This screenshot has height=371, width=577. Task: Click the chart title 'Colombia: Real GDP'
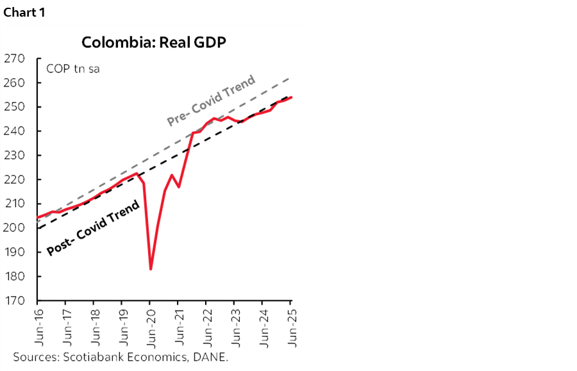coord(154,42)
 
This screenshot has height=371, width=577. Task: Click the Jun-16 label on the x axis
coord(38,325)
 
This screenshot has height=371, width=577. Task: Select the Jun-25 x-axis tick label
coord(291,325)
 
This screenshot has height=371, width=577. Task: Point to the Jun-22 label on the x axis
coord(206,325)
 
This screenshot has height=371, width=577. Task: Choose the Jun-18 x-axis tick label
coord(94,325)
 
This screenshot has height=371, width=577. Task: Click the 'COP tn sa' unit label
coord(72,69)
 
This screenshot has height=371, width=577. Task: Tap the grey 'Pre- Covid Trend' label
coord(211,101)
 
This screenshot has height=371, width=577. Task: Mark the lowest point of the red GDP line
coord(150,269)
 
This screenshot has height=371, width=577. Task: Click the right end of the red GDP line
coord(292,97)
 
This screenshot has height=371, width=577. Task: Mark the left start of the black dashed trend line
coord(38,228)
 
